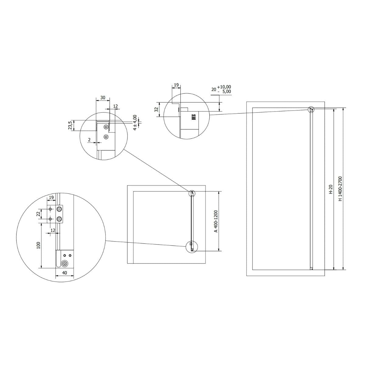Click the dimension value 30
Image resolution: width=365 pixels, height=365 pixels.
[x=103, y=98]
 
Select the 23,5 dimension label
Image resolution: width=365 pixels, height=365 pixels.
[x=70, y=126]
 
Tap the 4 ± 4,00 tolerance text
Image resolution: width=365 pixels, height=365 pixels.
[x=135, y=122]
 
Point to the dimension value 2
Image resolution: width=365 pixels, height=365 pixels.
[x=89, y=140]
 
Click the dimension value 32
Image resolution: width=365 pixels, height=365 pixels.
[x=156, y=109]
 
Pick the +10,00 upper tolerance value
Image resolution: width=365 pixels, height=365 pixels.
[x=224, y=87]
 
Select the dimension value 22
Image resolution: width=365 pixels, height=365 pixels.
[x=38, y=214]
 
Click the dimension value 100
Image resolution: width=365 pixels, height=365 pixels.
[x=39, y=245]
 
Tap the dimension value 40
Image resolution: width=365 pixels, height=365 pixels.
[x=64, y=273]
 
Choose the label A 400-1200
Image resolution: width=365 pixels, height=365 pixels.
[x=216, y=221]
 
